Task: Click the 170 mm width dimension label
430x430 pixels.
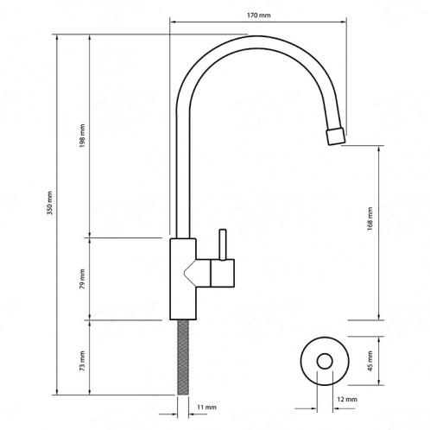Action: click(x=259, y=15)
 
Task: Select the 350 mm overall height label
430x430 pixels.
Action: click(x=50, y=203)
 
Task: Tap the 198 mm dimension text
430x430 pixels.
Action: click(x=82, y=136)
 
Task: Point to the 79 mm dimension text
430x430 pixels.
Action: click(x=82, y=279)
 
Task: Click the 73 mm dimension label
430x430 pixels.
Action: click(x=82, y=361)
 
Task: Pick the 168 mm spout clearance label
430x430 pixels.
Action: click(x=370, y=218)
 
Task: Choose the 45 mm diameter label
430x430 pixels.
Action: click(x=370, y=361)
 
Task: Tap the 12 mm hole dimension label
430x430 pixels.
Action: click(x=347, y=399)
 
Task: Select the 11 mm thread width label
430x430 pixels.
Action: click(x=206, y=407)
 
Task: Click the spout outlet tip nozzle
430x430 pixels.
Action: click(x=336, y=136)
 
